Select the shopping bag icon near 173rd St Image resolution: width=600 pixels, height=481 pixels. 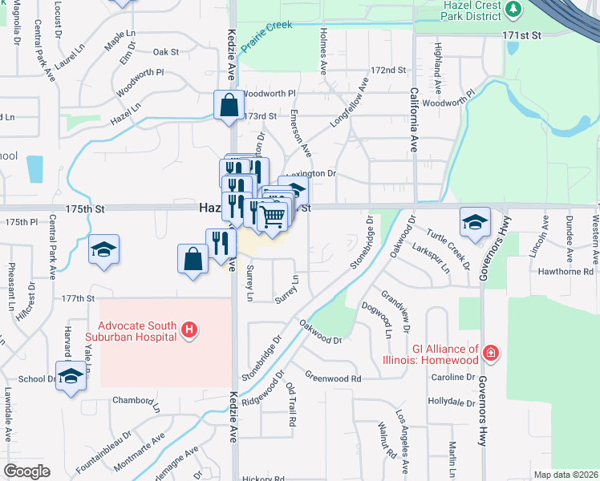click(x=229, y=105)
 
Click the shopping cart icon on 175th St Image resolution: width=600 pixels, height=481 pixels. click(x=273, y=216)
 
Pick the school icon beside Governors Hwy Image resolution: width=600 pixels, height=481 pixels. click(x=475, y=222)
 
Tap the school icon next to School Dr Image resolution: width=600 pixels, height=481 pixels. click(x=71, y=376)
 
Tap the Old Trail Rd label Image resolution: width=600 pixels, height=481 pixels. click(x=292, y=404)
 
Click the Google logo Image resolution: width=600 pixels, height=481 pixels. click(x=26, y=471)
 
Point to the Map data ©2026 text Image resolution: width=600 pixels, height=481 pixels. click(x=566, y=475)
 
